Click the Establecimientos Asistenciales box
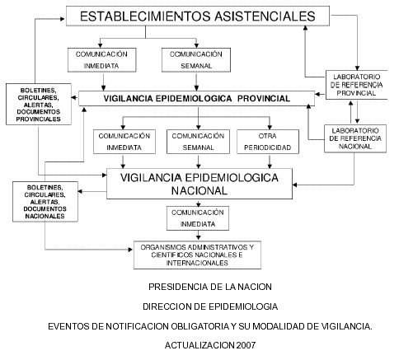[x=198, y=16]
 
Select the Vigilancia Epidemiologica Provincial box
[x=196, y=98]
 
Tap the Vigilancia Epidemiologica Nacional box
[x=199, y=184]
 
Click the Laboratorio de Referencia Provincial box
[x=356, y=85]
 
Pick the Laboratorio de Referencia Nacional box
[x=355, y=138]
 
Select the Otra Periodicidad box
[x=268, y=142]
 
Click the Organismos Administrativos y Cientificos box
[x=197, y=255]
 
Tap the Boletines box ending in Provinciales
[x=39, y=105]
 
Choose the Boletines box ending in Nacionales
[x=45, y=202]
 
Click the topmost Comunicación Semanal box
[x=196, y=60]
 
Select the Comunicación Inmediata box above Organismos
[x=198, y=218]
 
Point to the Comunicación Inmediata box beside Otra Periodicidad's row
[x=124, y=142]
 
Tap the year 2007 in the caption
[x=246, y=345]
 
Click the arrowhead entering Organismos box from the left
[x=131, y=250]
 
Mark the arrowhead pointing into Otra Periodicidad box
[x=270, y=127]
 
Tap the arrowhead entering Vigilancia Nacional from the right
[x=295, y=185]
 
